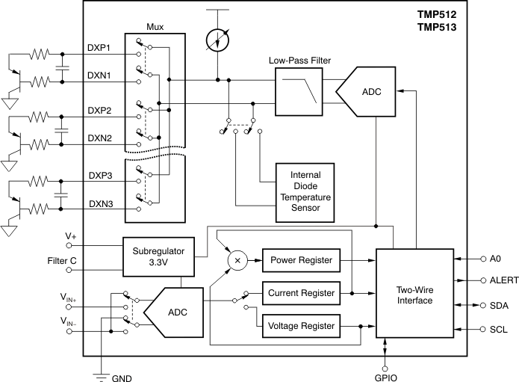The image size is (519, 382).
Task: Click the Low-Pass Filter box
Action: point(299,90)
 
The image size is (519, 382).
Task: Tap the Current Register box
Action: point(299,292)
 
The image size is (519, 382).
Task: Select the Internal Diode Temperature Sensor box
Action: point(305,191)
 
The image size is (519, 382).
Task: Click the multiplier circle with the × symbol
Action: point(238,259)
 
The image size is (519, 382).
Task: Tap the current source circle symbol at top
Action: point(217,38)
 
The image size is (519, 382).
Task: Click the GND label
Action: point(122,378)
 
